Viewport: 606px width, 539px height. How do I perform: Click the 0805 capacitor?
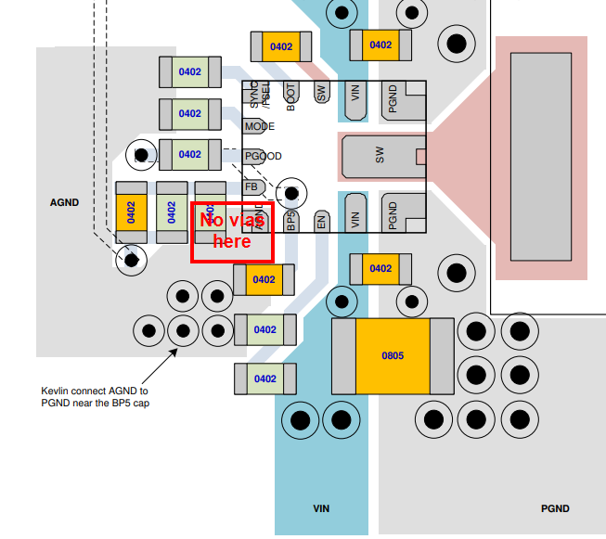coord(392,356)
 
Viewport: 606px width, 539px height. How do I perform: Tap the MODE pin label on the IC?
coord(259,126)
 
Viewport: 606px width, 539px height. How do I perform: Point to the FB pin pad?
coord(251,186)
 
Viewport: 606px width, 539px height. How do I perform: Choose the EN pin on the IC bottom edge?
coord(322,221)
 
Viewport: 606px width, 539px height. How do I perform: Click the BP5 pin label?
coord(290,220)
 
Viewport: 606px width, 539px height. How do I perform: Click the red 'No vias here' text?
coord(232,231)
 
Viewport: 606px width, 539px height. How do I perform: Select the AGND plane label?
coord(64,202)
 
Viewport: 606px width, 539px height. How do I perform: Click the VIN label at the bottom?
coord(321,508)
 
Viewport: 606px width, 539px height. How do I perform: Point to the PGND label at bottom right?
coord(555,508)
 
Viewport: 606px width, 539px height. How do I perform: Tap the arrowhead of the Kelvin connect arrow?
coord(175,351)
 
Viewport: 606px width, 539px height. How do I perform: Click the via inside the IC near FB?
coord(292,193)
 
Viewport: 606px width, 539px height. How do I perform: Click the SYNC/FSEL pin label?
coord(259,96)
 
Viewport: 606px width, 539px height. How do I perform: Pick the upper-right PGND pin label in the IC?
coord(393,99)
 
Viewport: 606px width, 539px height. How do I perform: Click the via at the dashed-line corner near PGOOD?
coord(142,154)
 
